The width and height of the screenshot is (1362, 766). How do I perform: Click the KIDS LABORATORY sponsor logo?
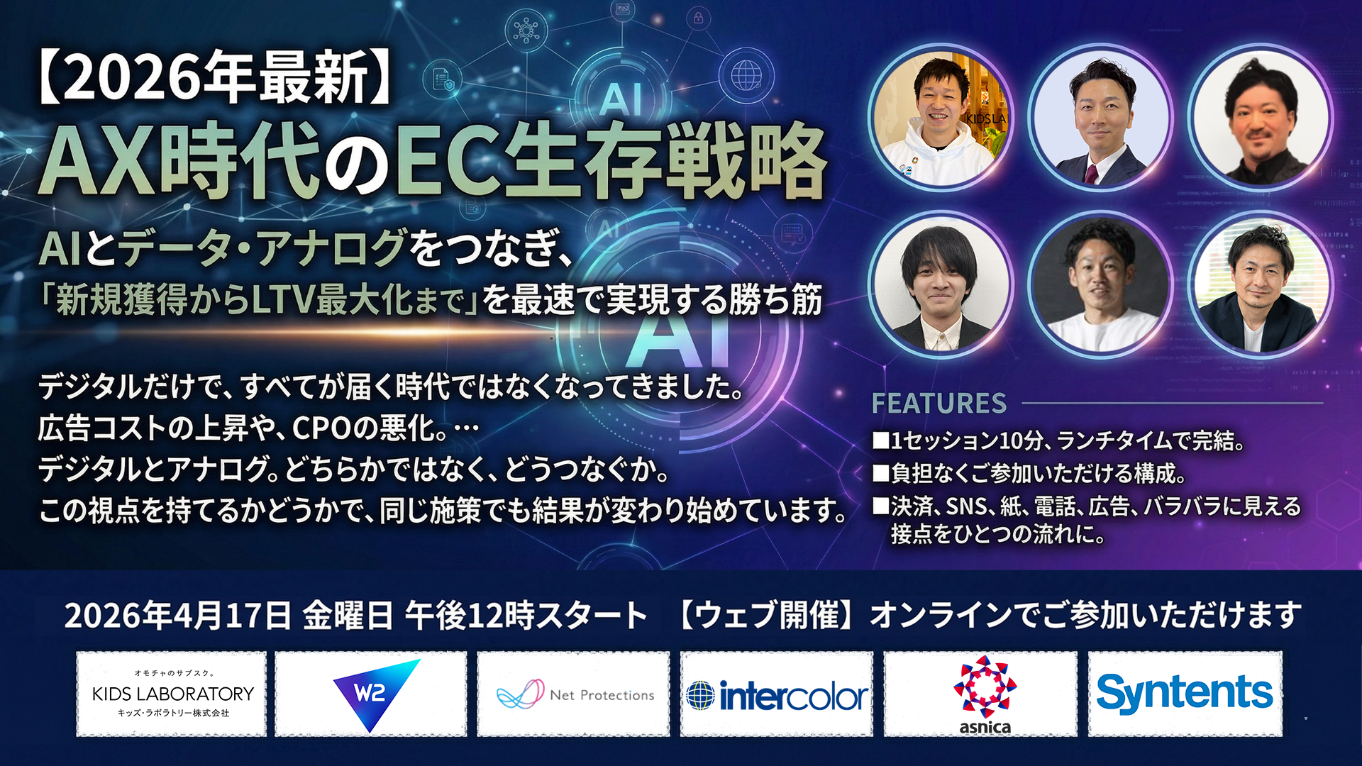point(172,694)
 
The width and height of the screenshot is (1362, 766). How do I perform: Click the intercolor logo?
point(777,696)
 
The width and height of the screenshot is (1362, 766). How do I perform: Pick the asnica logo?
point(985,694)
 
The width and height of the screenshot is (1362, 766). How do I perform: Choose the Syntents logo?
point(1185,693)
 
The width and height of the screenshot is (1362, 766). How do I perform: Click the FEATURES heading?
point(939,403)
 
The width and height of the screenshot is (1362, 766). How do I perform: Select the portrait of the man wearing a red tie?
point(1100,117)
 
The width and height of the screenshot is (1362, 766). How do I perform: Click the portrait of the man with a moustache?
point(1261,117)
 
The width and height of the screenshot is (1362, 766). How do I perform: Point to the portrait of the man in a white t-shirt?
point(1100,284)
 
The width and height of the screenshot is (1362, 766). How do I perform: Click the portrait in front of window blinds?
point(1261,284)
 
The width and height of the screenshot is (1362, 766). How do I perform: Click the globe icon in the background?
point(746,74)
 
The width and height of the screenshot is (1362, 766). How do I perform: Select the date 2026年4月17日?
point(177,615)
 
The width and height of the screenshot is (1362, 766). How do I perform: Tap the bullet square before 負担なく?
point(880,473)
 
